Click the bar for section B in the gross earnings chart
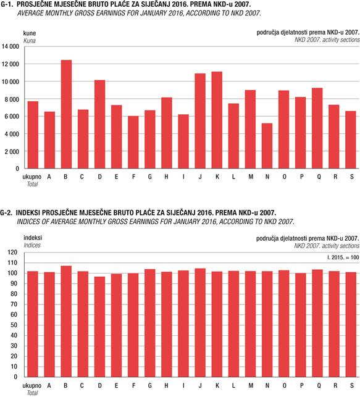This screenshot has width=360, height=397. tap(66, 114)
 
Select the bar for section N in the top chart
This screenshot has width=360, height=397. tap(267, 146)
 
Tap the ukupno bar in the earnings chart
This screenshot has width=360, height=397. tap(33, 135)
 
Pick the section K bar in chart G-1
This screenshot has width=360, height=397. tap(217, 120)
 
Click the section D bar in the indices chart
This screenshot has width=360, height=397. tap(100, 327)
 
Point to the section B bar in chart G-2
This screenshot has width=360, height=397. tap(66, 321)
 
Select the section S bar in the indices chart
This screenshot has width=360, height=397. tap(351, 325)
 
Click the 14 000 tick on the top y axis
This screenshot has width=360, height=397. tap(10, 46)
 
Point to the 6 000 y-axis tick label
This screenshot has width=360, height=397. tap(12, 116)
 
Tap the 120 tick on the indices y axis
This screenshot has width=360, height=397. tap(12, 252)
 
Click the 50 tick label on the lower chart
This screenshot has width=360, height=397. tap(14, 325)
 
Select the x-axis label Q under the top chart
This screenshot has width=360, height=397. tap(319, 177)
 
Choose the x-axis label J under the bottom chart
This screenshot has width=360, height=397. tap(200, 385)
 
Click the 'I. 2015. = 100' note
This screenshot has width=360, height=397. tap(343, 257)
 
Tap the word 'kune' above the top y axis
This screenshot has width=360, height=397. tap(30, 33)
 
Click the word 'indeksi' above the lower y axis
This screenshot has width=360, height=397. tap(33, 238)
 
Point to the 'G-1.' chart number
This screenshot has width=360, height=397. tap(7, 4)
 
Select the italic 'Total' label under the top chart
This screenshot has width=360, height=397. tap(32, 184)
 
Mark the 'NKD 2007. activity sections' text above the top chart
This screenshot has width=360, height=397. tap(327, 40)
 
